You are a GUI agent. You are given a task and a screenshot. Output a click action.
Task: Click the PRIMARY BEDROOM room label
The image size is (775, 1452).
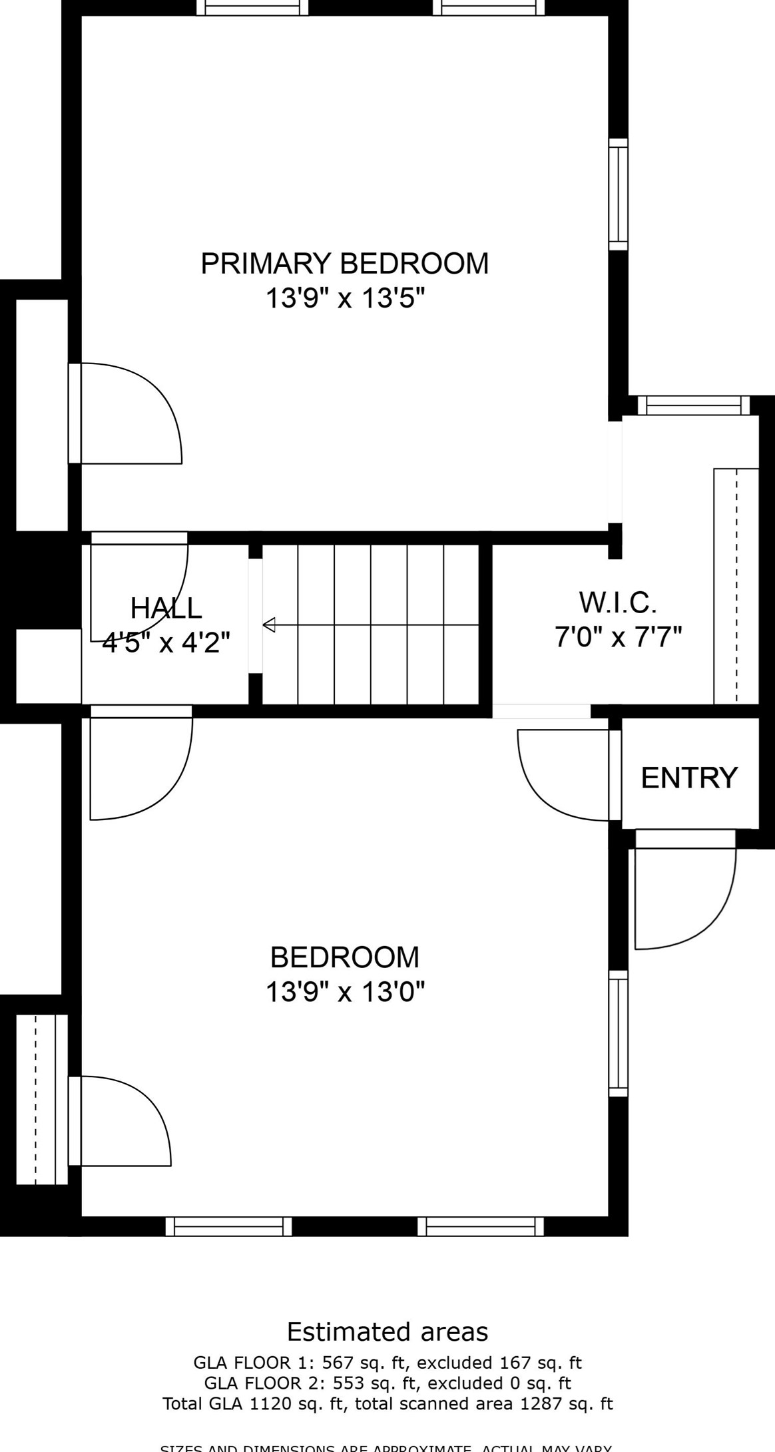(x=344, y=264)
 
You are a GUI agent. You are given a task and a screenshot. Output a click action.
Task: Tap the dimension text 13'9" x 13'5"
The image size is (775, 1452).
(x=344, y=298)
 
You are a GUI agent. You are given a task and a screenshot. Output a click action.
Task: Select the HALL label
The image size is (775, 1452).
(x=166, y=608)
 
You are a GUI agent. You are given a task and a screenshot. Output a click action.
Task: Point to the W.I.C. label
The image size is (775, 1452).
(x=618, y=603)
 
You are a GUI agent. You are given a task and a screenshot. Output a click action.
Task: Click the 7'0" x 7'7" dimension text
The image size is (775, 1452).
(x=619, y=638)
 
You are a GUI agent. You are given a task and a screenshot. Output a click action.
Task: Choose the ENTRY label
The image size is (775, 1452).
(x=689, y=778)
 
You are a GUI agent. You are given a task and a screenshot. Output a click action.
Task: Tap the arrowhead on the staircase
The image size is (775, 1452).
(x=269, y=625)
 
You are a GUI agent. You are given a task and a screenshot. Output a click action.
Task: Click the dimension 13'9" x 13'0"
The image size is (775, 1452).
(x=344, y=992)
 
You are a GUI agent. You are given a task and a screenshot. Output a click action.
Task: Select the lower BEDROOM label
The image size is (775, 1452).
(x=344, y=957)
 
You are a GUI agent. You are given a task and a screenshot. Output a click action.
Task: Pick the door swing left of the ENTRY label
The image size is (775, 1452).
(x=563, y=776)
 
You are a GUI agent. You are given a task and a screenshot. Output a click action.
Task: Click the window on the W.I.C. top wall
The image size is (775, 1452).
(x=694, y=405)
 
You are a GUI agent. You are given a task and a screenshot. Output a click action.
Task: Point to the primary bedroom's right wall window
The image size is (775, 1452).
(x=619, y=194)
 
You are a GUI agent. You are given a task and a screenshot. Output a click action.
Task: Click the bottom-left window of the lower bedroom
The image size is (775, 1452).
(x=228, y=1226)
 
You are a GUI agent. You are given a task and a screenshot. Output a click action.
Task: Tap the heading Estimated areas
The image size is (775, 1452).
(x=387, y=1332)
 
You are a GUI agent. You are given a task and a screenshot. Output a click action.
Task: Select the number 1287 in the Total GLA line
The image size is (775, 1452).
(x=539, y=1404)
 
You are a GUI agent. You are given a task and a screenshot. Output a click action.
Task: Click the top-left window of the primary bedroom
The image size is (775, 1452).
(x=252, y=7)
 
